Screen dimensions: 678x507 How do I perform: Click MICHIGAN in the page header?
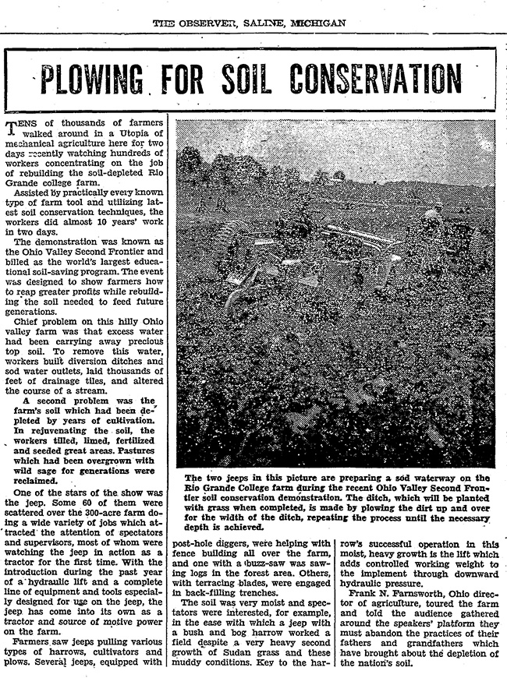317,23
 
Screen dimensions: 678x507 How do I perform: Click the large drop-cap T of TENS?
10,126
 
